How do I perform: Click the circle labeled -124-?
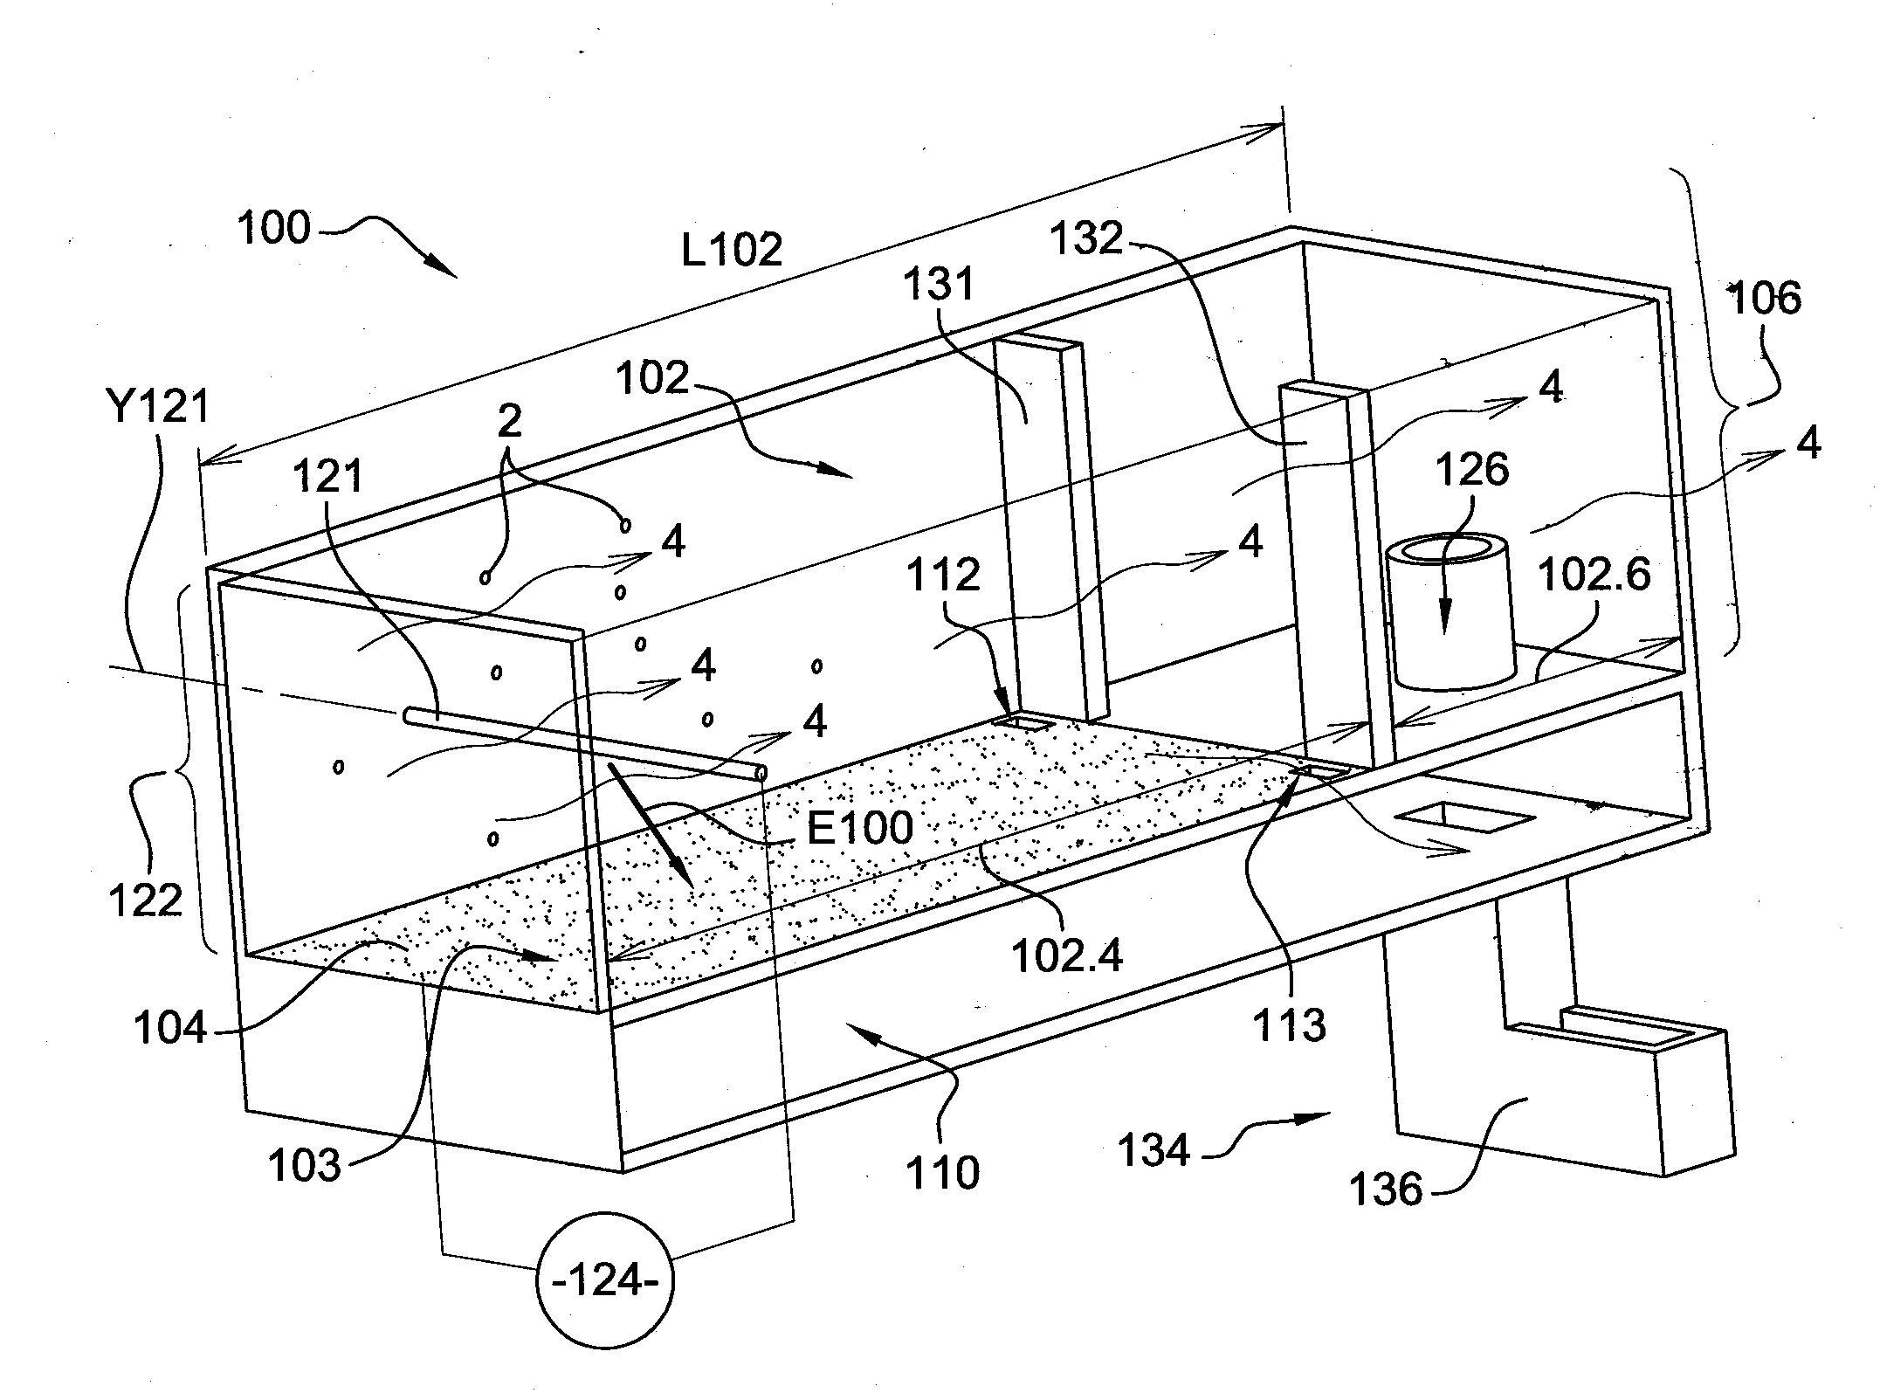pos(604,1281)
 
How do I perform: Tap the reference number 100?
pos(274,228)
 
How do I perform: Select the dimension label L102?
pos(732,251)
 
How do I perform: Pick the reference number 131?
pos(939,284)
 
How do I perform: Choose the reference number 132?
pos(1086,238)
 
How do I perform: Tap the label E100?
pos(860,826)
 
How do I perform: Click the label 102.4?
pos(1067,956)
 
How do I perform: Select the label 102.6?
pos(1594,575)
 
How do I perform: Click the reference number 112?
pos(943,575)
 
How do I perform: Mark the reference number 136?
pos(1387,1190)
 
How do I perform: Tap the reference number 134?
pos(1154,1149)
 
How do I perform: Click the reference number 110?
pos(943,1173)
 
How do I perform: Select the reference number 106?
pos(1765,299)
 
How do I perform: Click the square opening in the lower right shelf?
pos(1463,817)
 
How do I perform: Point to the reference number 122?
pos(145,899)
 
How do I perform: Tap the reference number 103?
pos(304,1165)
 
